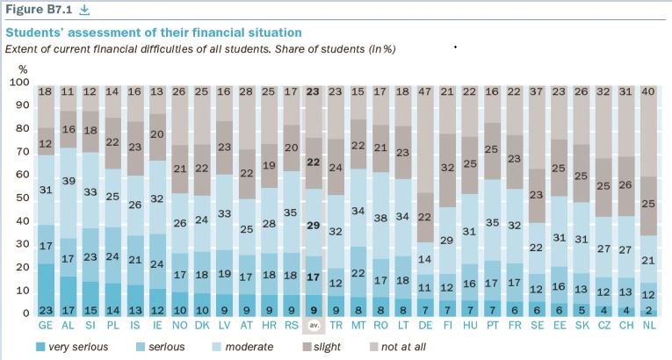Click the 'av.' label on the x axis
(x=313, y=326)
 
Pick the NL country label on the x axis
(x=649, y=325)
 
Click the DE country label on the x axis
(x=425, y=325)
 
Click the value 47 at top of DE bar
(x=425, y=90)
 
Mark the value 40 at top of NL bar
(x=649, y=90)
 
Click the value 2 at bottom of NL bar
(x=649, y=309)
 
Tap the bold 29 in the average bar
(x=313, y=226)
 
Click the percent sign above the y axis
(x=23, y=68)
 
